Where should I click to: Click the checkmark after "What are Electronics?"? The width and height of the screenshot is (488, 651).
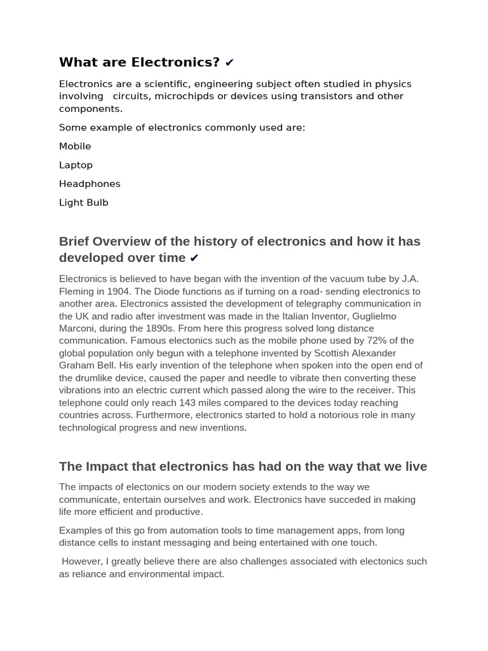pos(230,62)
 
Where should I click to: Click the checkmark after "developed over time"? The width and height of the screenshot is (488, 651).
pos(194,258)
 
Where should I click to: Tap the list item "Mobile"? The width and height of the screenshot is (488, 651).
pos(75,146)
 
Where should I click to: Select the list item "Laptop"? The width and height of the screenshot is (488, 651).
pos(76,165)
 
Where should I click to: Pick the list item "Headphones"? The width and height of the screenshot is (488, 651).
pos(90,184)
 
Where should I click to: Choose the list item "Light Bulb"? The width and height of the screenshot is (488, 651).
pos(84,203)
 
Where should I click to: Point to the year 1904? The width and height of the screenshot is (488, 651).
pos(119,292)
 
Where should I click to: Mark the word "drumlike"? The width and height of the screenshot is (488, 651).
pos(99,378)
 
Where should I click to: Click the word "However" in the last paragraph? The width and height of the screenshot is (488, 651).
pos(83,561)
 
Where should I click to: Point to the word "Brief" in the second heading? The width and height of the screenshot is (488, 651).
pos(74,242)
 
